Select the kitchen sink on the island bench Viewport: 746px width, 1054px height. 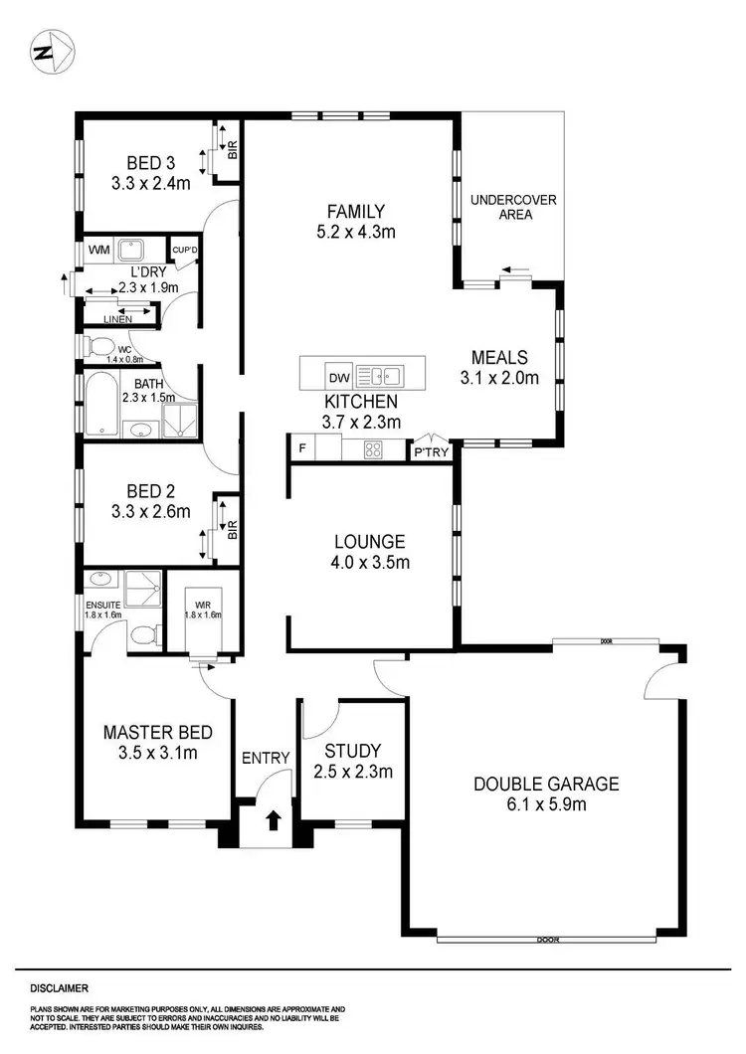tap(379, 376)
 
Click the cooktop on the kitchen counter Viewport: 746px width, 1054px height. tap(373, 450)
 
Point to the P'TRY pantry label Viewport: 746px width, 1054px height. tap(431, 451)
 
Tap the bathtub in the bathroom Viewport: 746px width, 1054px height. tap(101, 404)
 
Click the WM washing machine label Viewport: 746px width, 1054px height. tap(99, 250)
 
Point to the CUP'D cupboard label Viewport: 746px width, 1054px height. tap(186, 250)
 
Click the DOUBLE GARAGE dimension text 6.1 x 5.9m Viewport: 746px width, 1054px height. tap(545, 804)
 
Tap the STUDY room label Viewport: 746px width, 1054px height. tap(352, 750)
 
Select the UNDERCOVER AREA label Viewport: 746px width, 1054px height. tap(513, 207)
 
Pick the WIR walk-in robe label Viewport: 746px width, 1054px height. tap(202, 605)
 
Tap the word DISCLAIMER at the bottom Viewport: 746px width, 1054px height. tap(60, 988)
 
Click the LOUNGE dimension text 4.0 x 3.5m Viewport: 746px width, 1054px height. tap(369, 563)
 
